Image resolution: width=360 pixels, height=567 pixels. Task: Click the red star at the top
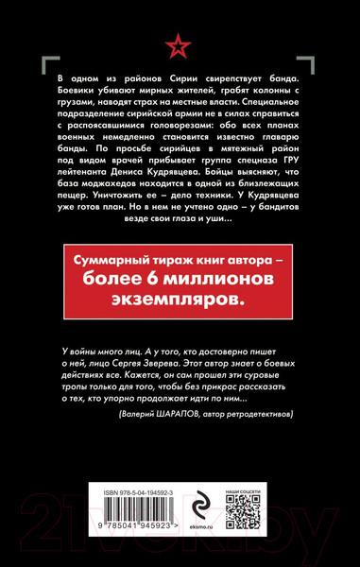point(180,43)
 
